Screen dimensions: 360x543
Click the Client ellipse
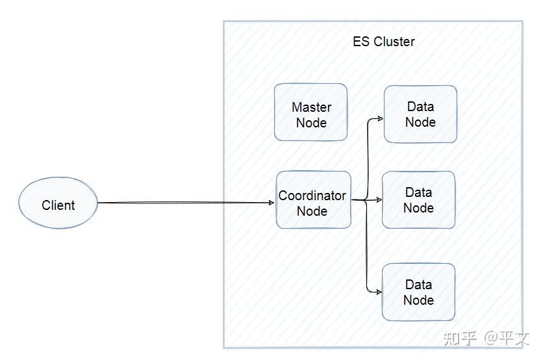58,203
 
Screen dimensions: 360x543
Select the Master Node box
310,112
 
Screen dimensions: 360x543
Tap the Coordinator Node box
313,200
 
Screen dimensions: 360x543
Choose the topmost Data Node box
420,114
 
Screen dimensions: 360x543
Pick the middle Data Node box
418,200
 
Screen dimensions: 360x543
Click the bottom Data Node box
418,292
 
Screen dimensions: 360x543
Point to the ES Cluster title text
383,42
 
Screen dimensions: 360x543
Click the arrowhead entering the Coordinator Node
271,203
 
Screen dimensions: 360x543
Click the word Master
311,107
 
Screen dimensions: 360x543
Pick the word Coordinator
312,196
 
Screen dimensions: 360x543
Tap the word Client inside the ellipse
58,205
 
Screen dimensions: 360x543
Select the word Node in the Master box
311,123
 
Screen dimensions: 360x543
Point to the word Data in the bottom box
418,285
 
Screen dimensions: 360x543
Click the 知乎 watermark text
460,339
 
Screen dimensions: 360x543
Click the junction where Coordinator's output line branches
368,200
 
